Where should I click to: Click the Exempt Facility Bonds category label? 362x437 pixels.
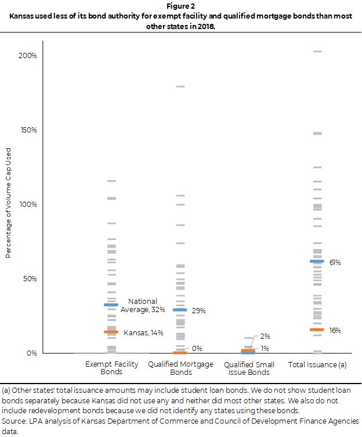click(111, 367)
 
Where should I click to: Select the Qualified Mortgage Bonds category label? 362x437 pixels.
click(180, 367)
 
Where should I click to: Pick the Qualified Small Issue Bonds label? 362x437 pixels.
click(248, 367)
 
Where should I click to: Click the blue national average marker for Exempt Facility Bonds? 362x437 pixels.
click(111, 305)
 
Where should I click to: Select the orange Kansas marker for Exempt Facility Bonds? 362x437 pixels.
click(111, 332)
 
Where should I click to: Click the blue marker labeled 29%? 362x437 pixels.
click(180, 310)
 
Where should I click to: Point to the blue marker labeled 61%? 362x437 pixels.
click(317, 262)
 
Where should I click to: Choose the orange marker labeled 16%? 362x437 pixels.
click(317, 329)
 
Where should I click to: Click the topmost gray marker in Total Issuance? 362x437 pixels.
click(317, 52)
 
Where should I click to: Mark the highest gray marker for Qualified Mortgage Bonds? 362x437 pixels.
click(180, 87)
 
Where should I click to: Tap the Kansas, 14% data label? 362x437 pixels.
click(143, 333)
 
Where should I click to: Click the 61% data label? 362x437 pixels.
click(335, 263)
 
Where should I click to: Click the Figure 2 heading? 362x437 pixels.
click(181, 7)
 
